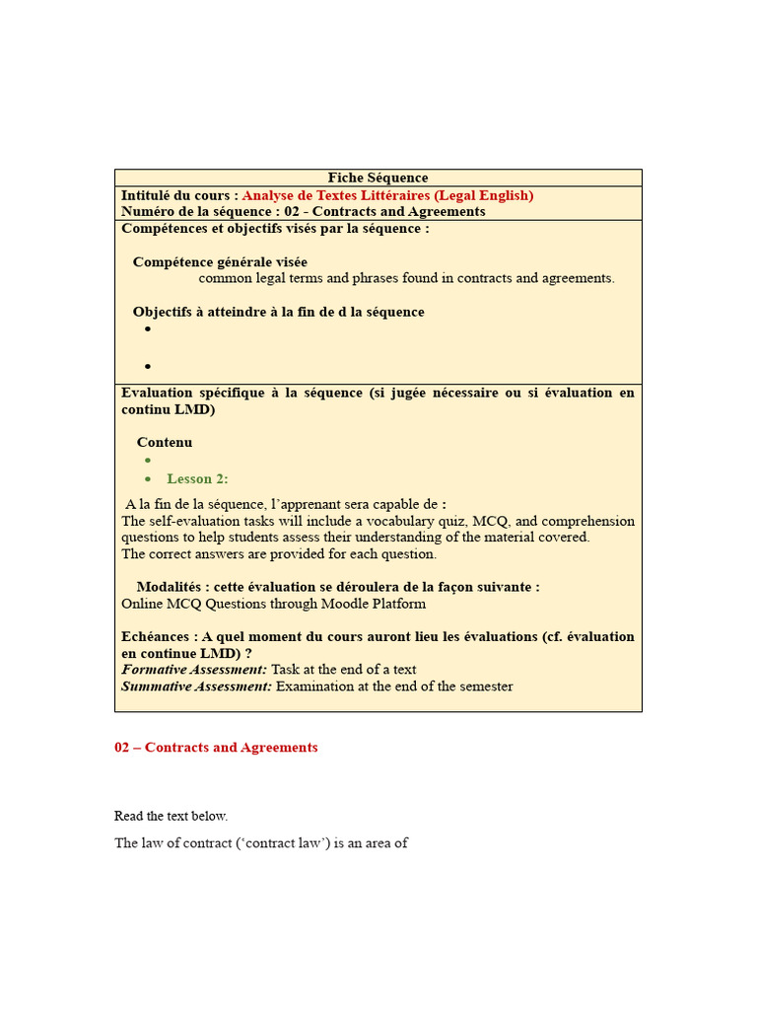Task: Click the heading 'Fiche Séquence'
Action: [378, 179]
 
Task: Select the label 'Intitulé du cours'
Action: [175, 195]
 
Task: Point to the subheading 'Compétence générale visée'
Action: [220, 262]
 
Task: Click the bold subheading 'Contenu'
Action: [165, 443]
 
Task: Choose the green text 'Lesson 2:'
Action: [197, 479]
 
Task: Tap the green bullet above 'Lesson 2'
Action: [148, 460]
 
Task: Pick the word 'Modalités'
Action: [167, 587]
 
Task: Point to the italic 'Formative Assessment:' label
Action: [194, 670]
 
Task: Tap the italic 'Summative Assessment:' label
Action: [196, 686]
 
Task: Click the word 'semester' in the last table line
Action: [485, 686]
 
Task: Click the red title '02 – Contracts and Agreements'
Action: [216, 748]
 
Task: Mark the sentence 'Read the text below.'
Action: [171, 816]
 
